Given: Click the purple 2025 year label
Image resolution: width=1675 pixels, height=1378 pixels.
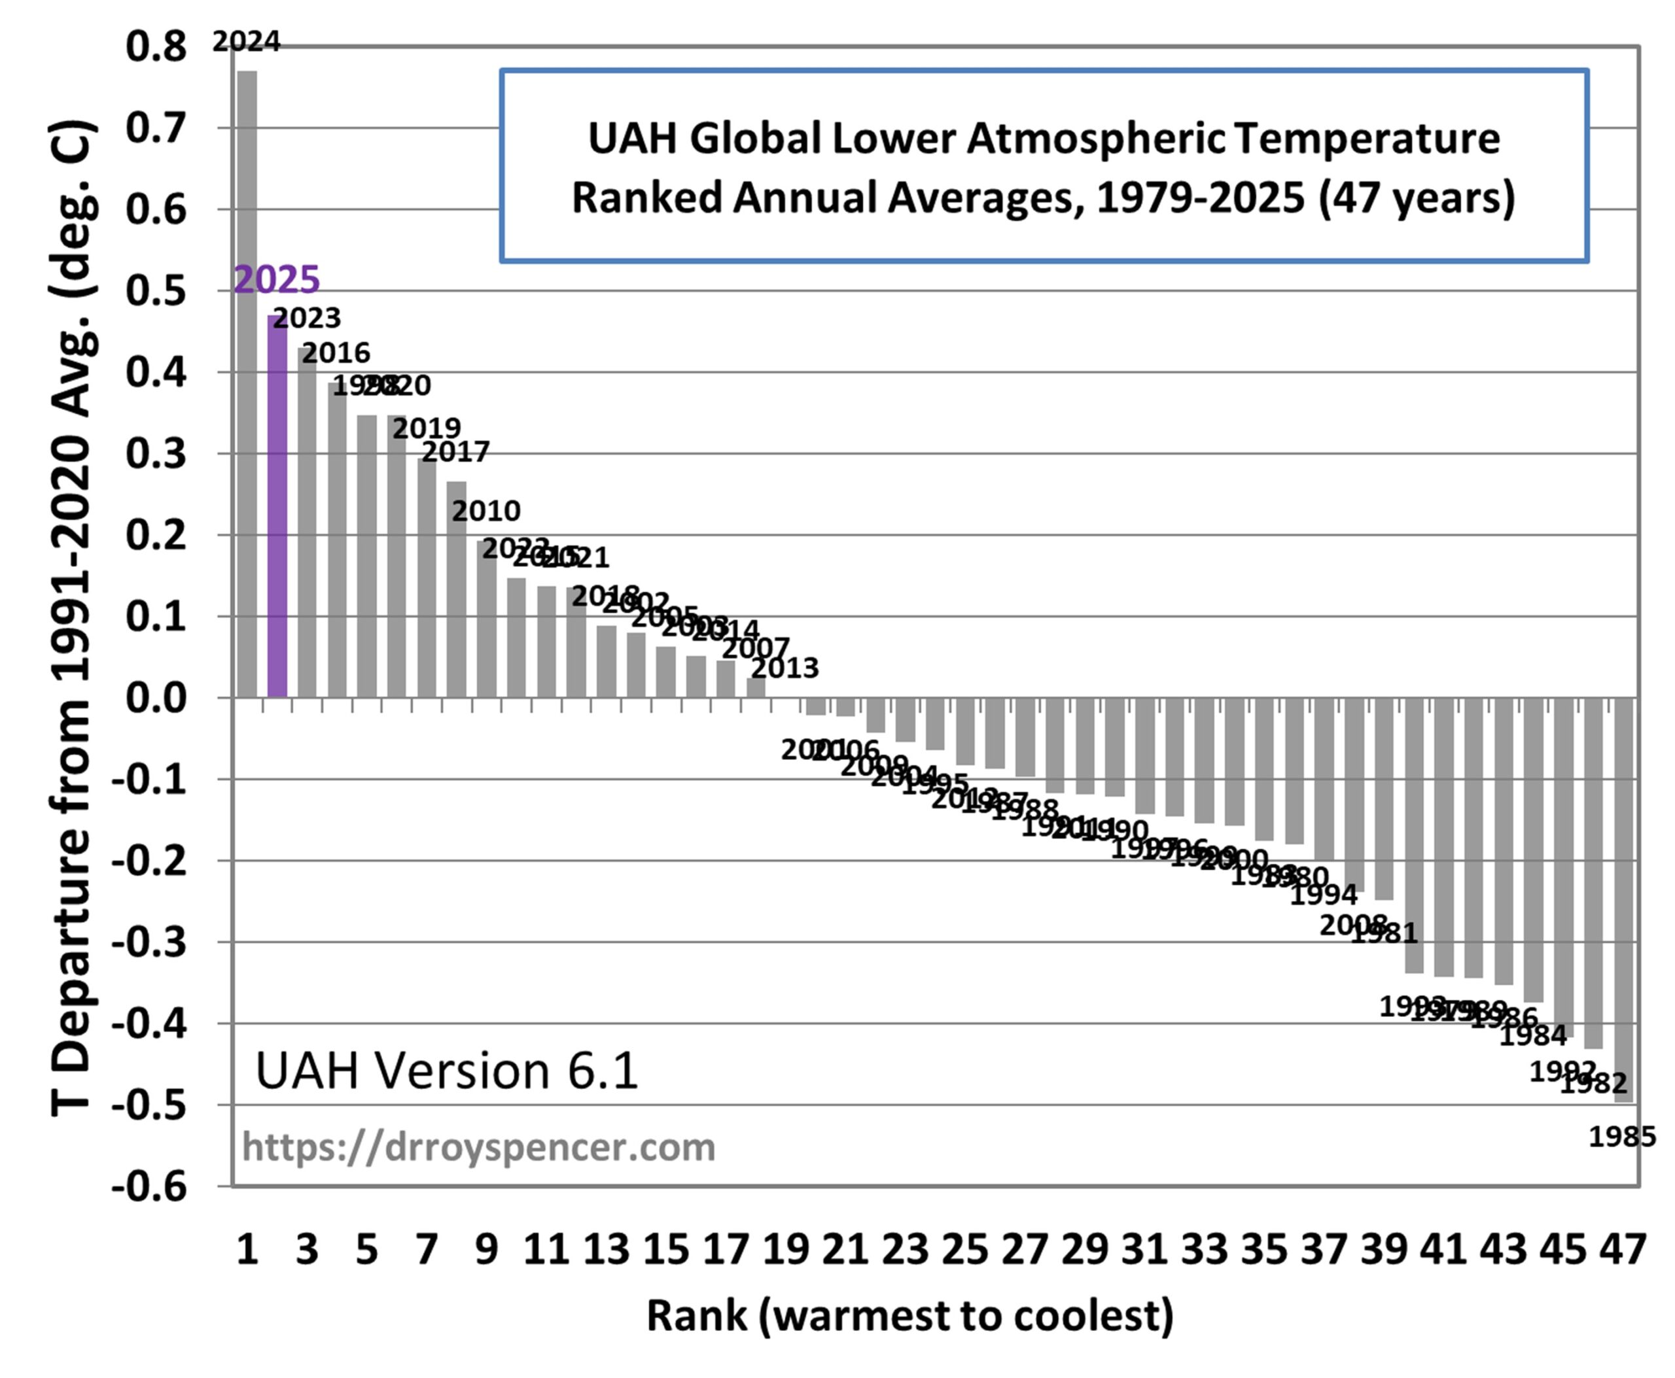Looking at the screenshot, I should point(276,279).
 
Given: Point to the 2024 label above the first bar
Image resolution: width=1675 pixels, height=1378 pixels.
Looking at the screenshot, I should point(246,41).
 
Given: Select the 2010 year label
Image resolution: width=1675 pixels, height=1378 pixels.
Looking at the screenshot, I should point(486,510).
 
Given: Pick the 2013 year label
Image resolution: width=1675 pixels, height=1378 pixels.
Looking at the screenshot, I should point(785,668).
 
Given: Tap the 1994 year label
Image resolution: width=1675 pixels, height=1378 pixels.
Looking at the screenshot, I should point(1323,895).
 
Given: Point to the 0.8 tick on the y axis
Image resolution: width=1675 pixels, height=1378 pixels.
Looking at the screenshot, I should point(156,47).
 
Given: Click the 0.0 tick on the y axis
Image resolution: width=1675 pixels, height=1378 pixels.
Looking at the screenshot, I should point(156,698).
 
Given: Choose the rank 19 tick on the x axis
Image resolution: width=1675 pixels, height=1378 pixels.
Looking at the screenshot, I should point(785,1249).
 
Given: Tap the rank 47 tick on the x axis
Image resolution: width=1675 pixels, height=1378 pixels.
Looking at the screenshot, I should point(1623,1249).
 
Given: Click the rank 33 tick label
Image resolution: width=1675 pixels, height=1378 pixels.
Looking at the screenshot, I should point(1204,1249).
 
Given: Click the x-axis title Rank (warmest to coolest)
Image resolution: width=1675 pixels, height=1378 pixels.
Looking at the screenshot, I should point(910,1315).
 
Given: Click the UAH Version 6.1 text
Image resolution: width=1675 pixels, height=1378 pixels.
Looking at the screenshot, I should point(446,1070).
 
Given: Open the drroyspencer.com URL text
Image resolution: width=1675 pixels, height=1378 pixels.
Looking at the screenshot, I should point(478,1147).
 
